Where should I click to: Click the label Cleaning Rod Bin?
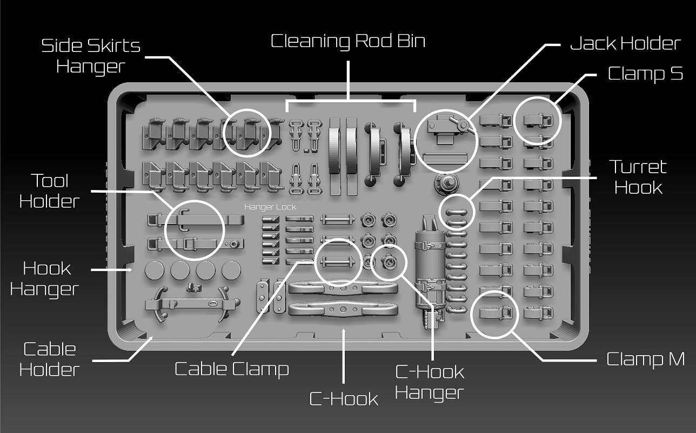coord(347,42)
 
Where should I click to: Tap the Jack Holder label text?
coord(625,43)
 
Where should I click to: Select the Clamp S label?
coord(645,73)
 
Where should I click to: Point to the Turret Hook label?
coord(638,177)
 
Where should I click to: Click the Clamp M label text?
coord(645,359)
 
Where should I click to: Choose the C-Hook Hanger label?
coord(430,382)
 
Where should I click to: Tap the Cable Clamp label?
coord(232,369)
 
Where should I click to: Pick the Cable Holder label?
coord(49,359)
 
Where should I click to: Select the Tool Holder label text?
coord(49,191)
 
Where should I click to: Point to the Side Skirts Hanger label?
coord(91,56)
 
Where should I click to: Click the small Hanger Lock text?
coord(270,207)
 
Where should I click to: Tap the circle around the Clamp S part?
coord(537,121)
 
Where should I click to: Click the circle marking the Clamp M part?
coord(494,314)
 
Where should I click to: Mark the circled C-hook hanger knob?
coord(389,263)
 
